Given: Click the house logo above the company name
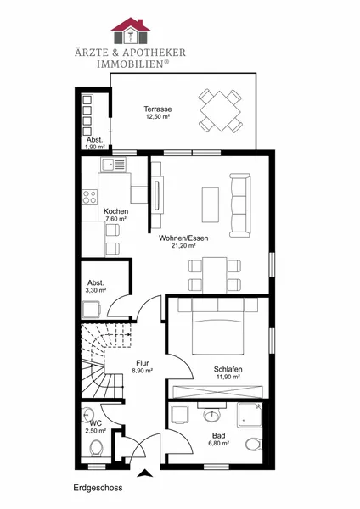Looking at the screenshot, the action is (131, 31).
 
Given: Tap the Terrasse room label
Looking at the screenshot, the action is (158, 109).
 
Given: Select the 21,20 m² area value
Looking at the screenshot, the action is (183, 246).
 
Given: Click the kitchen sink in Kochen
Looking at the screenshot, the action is (113, 165).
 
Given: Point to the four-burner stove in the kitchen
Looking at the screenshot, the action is (89, 197).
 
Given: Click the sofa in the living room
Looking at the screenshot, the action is (240, 205).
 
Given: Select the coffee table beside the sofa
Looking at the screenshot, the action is (211, 204).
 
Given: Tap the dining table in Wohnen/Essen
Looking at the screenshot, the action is (215, 275).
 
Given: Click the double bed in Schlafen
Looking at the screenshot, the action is (217, 333).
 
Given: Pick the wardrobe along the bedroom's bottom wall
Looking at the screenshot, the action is (217, 392).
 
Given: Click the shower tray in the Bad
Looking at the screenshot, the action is (250, 415).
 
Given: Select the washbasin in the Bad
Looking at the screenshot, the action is (212, 413).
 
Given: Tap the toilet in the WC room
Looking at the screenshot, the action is (96, 449).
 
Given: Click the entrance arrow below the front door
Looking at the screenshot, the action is (145, 473).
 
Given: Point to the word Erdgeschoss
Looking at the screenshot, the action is (98, 488).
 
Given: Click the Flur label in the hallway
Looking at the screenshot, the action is (143, 363).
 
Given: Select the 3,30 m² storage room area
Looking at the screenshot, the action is (96, 290).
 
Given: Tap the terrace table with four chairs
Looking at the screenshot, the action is (220, 110).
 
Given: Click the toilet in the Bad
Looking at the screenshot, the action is (253, 445).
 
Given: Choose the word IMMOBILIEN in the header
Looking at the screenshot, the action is (132, 64).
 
